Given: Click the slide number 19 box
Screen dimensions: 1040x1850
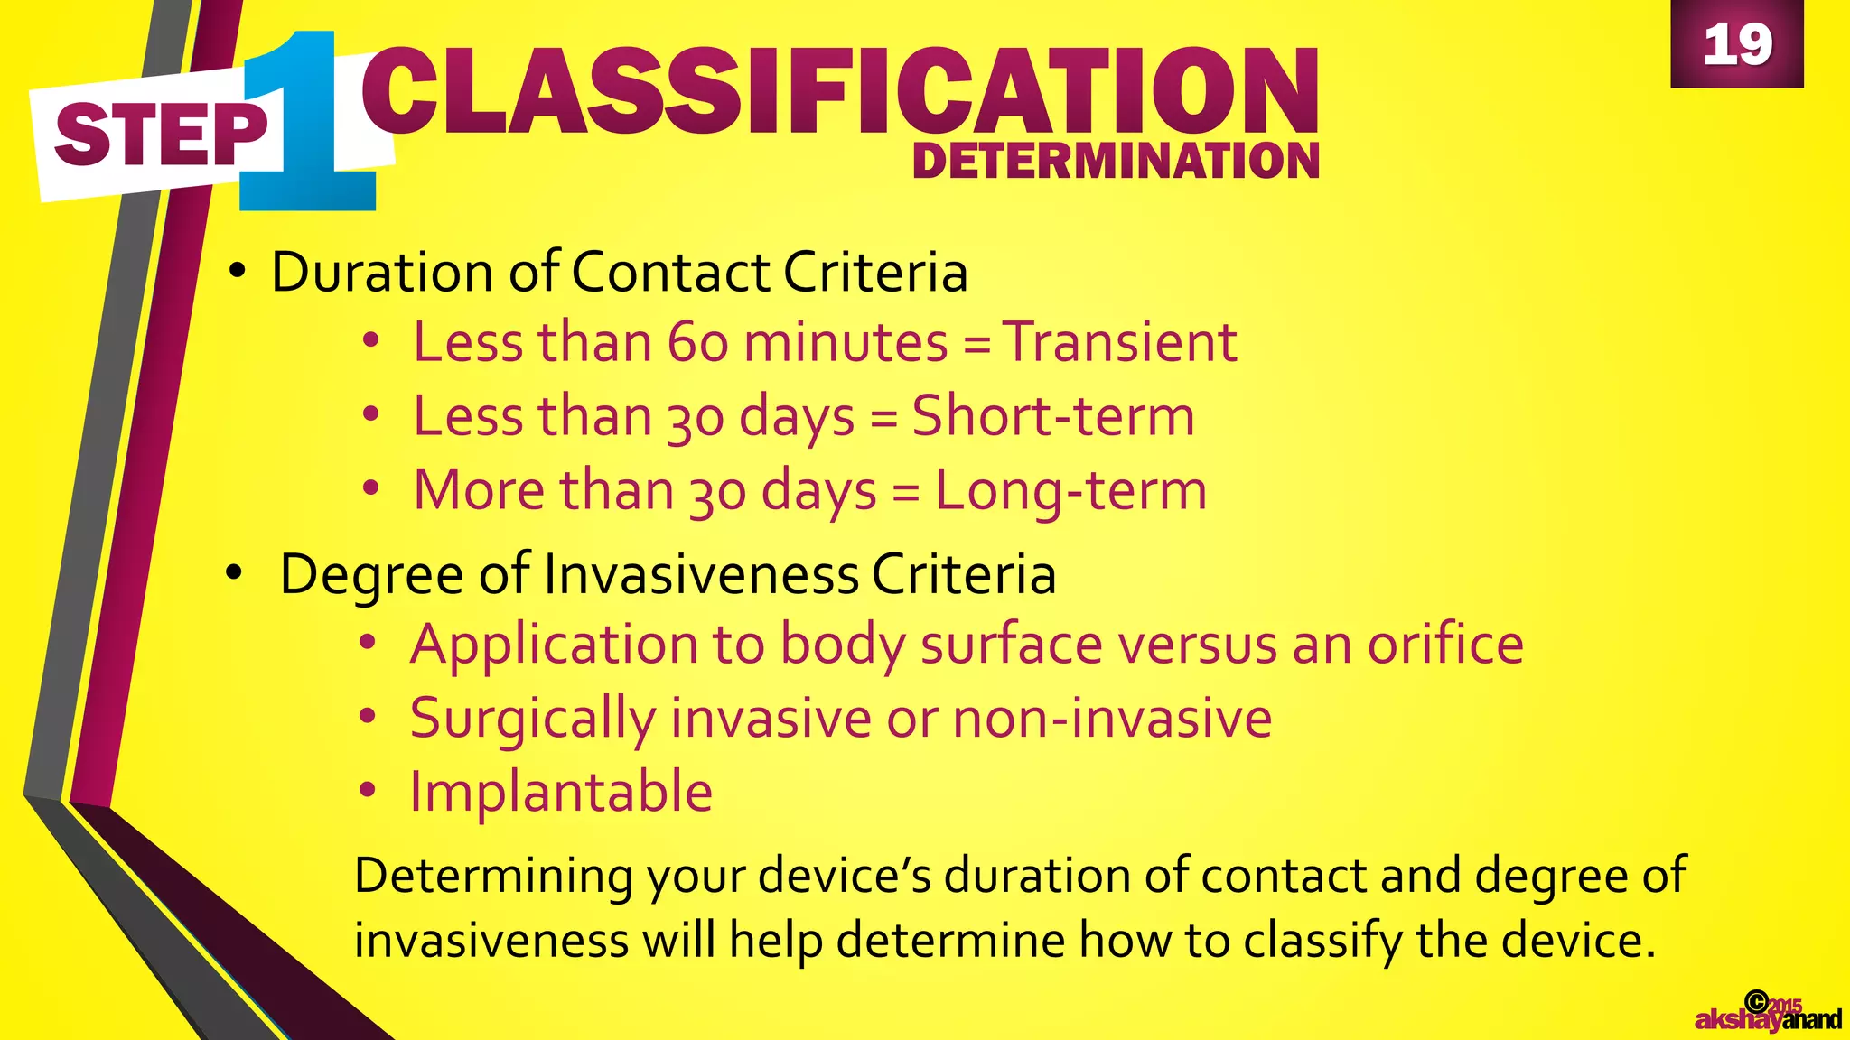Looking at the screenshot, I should point(1736,43).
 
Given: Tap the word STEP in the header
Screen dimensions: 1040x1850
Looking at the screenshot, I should point(161,135).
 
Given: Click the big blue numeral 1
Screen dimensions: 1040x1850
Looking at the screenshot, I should point(307,122).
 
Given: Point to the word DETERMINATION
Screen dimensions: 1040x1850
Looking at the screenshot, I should point(1116,161).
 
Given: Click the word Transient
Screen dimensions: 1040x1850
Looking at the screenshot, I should point(1120,342).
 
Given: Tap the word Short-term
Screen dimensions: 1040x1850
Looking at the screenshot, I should point(1053,416).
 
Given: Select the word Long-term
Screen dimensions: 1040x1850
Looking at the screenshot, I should point(1070,490).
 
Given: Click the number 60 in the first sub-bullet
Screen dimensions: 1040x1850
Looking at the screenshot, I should point(697,343).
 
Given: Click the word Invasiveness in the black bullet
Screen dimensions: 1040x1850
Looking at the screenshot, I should point(702,574).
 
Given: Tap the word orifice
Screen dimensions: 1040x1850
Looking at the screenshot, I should point(1445,645).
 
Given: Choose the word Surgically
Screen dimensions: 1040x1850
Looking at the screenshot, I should point(533,720).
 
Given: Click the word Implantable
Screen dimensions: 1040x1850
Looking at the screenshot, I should point(561,793).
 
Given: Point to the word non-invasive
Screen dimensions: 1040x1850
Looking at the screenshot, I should point(1112,719).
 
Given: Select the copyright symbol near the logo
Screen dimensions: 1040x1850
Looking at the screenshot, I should point(1756,1000).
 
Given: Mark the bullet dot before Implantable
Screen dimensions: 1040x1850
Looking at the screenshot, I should point(367,791).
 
